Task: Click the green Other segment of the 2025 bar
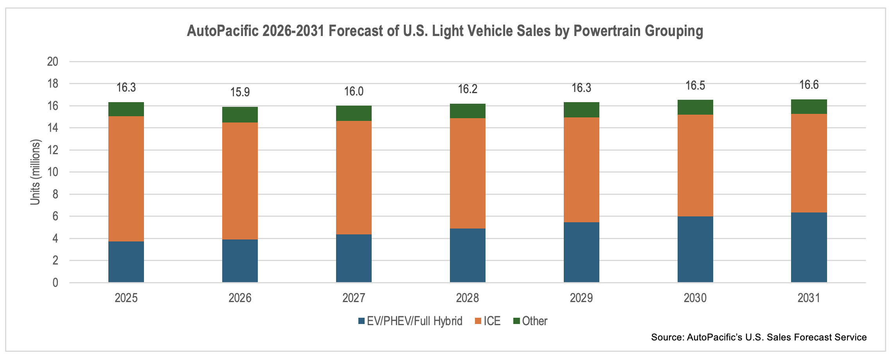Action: pyautogui.click(x=126, y=109)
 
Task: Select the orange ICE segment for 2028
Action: pyautogui.click(x=468, y=173)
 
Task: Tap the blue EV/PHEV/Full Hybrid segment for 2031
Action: pyautogui.click(x=809, y=247)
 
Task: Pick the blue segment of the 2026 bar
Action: pyautogui.click(x=240, y=261)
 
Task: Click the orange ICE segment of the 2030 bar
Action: pyautogui.click(x=695, y=165)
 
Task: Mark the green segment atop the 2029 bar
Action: pyautogui.click(x=581, y=110)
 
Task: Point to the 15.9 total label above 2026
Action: pyautogui.click(x=240, y=92)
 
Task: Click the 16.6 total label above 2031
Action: pyautogui.click(x=809, y=85)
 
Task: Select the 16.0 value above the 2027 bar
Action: pyautogui.click(x=354, y=92)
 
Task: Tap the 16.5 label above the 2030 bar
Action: pyautogui.click(x=695, y=86)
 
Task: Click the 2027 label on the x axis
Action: pyautogui.click(x=354, y=298)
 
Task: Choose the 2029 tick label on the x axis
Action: pyautogui.click(x=581, y=298)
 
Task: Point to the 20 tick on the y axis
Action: pyautogui.click(x=52, y=61)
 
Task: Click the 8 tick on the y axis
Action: pyautogui.click(x=55, y=194)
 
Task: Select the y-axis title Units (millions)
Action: pyautogui.click(x=35, y=172)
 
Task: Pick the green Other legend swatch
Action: pyautogui.click(x=516, y=321)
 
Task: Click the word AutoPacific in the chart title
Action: pyautogui.click(x=223, y=31)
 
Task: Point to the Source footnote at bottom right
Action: pyautogui.click(x=759, y=337)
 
